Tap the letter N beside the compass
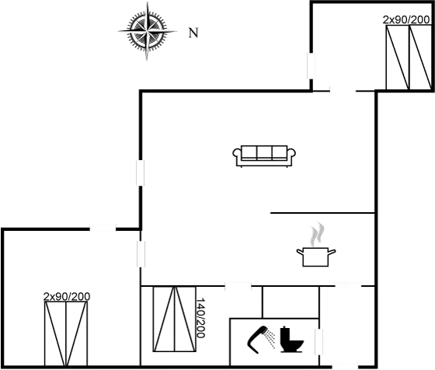tap(193, 33)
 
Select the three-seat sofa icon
tap(263, 155)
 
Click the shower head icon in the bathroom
tap(261, 335)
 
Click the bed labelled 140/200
tap(173, 319)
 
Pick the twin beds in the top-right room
tap(406, 58)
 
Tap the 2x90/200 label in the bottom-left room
tap(67, 297)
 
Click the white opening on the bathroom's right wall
tap(318, 342)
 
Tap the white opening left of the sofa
tap(141, 173)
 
